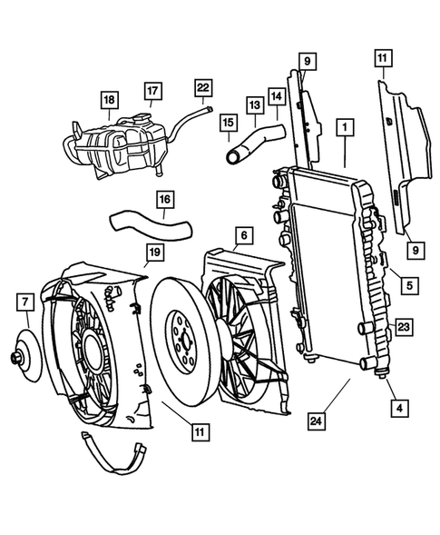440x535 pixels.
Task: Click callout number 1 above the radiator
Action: click(344, 129)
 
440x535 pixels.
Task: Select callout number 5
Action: click(409, 285)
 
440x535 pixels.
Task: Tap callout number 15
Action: click(228, 123)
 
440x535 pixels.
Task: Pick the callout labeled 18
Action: click(109, 99)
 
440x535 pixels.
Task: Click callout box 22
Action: click(203, 86)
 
